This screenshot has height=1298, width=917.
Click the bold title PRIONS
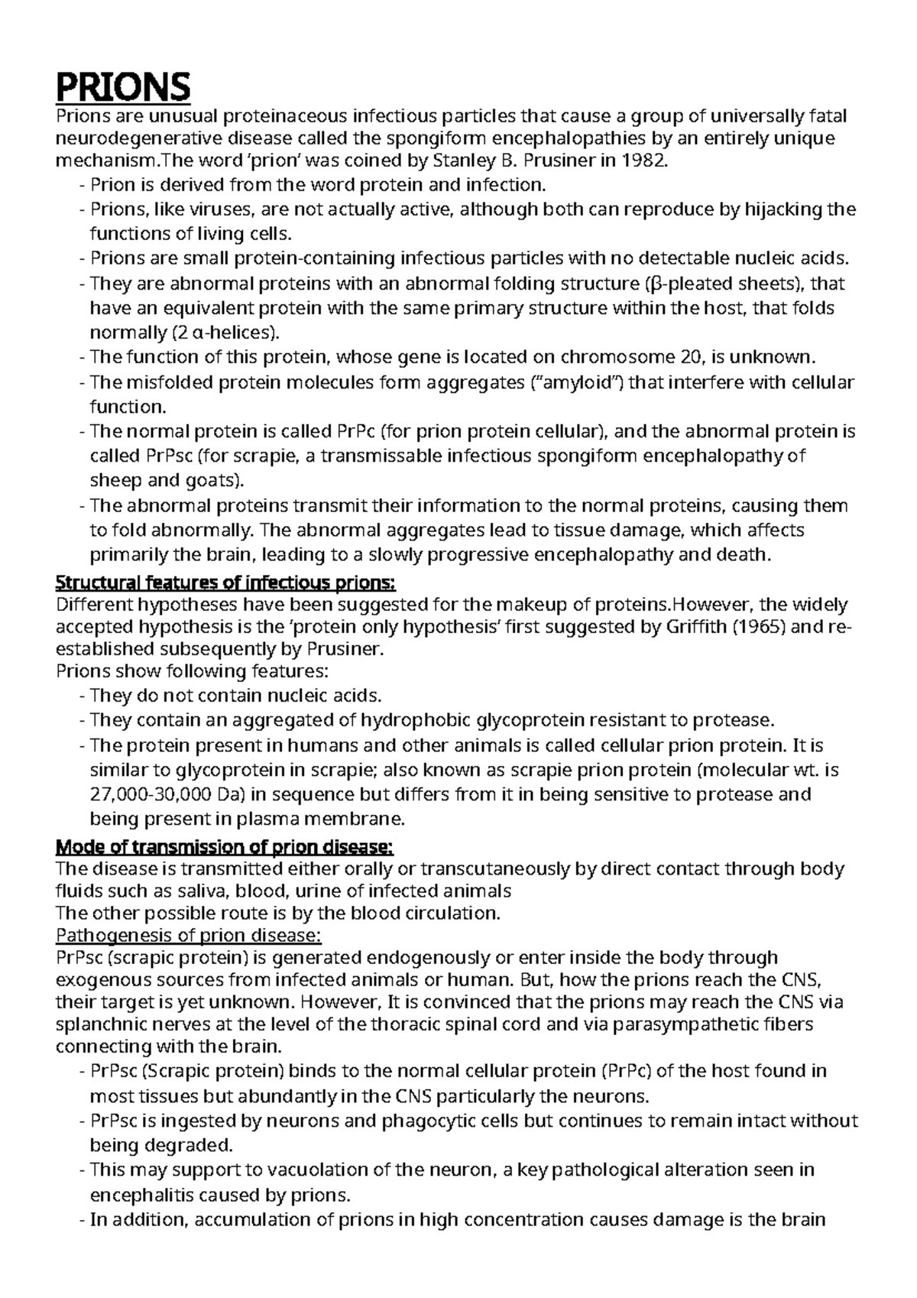(x=123, y=86)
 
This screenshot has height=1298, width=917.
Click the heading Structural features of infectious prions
(x=226, y=583)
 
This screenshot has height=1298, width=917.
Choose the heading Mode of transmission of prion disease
(x=225, y=847)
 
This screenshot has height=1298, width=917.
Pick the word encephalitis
(x=141, y=1195)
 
